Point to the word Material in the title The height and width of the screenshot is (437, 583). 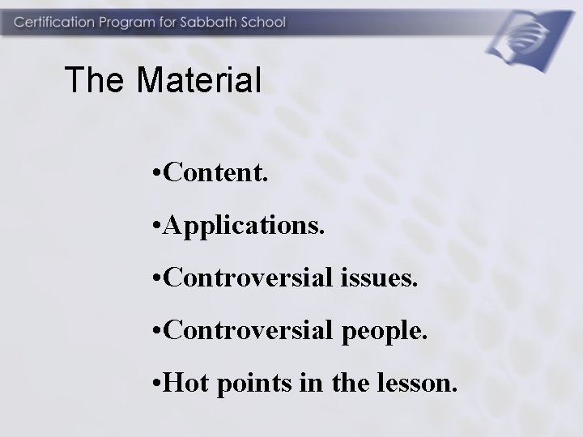pos(198,80)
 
